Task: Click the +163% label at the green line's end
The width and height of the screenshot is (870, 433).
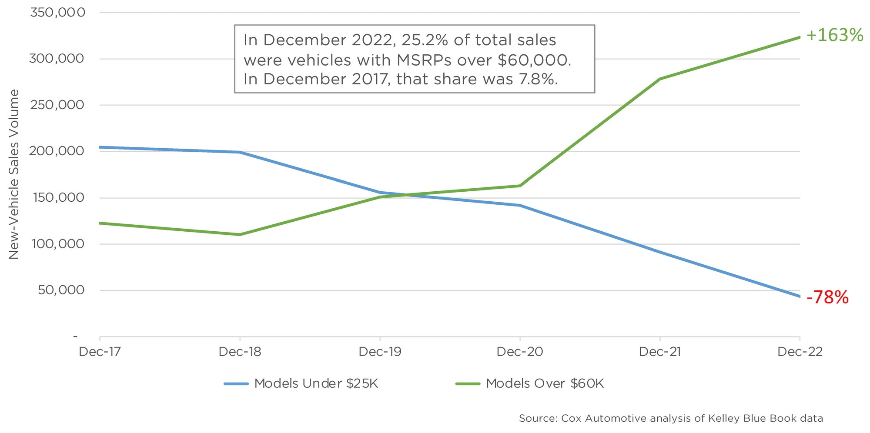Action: click(x=834, y=35)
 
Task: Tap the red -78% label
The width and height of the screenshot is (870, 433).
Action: click(x=827, y=298)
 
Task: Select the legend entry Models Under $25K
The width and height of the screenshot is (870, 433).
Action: click(x=316, y=383)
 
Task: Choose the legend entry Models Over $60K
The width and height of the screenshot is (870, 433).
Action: click(x=545, y=383)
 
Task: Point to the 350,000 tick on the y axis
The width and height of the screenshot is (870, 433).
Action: click(x=57, y=13)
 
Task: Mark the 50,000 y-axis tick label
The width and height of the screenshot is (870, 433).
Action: click(x=61, y=290)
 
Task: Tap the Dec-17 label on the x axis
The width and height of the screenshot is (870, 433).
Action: click(x=100, y=351)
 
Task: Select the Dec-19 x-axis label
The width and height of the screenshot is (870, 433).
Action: click(x=380, y=351)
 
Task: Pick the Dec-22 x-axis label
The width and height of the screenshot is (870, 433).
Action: click(x=800, y=351)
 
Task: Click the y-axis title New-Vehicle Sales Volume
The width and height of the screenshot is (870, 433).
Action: click(x=14, y=174)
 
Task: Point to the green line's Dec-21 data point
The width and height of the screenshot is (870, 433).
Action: click(x=660, y=79)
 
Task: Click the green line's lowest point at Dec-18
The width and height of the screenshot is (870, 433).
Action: click(x=240, y=235)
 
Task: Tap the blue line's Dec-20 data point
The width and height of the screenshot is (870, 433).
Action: click(x=520, y=205)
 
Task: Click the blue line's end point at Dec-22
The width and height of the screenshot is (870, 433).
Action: click(x=800, y=296)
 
